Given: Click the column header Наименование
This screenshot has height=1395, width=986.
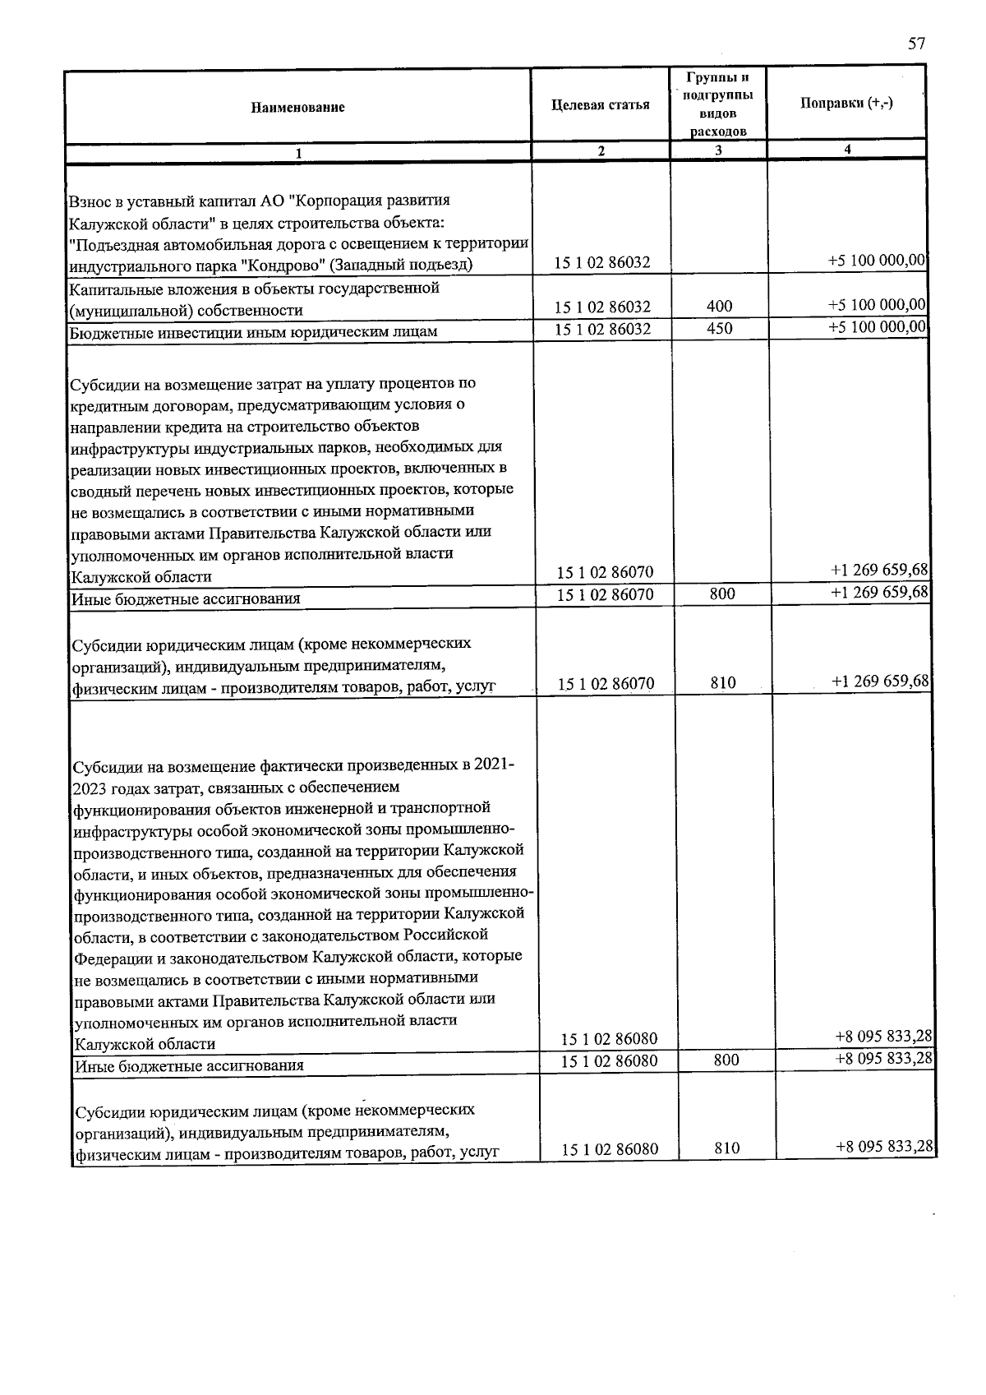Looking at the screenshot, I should coord(297,108).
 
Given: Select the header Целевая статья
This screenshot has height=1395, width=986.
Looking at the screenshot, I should coord(601,105).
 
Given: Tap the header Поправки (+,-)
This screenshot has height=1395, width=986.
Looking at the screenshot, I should coord(846,104).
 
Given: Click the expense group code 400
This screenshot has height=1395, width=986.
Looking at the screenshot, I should coord(719,307).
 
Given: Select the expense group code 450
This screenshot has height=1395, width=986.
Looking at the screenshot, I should coord(719,329).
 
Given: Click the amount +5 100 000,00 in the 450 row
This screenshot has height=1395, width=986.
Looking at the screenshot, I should coord(878,327).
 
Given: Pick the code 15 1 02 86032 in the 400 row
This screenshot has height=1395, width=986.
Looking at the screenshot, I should coord(602,307).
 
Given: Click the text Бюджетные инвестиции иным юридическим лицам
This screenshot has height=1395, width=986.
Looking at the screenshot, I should coord(253,332).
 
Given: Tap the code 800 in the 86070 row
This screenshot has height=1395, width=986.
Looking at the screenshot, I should coord(722,594).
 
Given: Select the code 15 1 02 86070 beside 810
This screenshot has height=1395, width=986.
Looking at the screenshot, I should coord(606,683).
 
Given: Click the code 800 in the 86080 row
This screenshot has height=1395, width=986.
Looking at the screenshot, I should coord(726,1060).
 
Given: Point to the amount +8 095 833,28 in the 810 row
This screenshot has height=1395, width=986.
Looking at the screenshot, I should coord(884,1147).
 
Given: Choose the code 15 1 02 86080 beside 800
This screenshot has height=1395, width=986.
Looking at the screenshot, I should coord(609,1061).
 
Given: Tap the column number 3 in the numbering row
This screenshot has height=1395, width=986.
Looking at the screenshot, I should coord(718,150).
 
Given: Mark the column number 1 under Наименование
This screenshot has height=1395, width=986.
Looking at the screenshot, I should coord(298,153).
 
